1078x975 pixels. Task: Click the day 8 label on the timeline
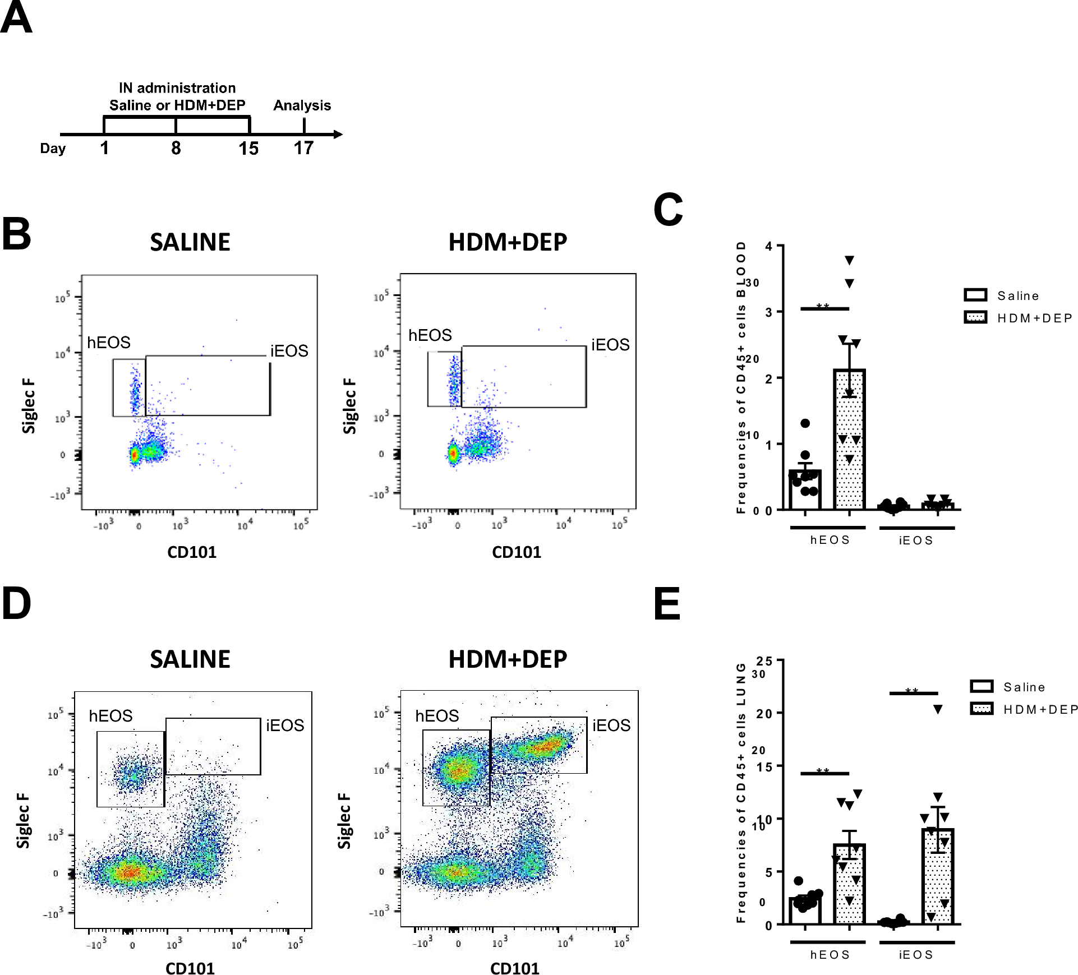coord(176,148)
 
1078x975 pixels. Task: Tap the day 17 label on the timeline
coord(303,148)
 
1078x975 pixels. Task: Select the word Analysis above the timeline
coord(302,105)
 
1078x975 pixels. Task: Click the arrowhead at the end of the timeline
coord(338,134)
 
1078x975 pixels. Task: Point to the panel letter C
coord(668,210)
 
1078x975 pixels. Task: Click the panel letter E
coord(667,604)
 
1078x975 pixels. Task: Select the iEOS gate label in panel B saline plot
coord(289,351)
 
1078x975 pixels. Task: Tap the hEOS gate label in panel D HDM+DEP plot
coord(437,716)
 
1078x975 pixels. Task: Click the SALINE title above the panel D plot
coord(190,659)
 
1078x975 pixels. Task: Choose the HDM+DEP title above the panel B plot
coord(508,242)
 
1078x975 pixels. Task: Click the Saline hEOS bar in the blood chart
coord(805,490)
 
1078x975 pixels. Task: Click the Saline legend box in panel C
coord(975,295)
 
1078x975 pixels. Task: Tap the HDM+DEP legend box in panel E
coord(982,709)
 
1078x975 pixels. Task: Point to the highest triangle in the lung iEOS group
coord(938,710)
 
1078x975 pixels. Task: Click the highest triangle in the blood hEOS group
coord(849,260)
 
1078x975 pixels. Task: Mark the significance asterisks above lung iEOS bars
coord(912,691)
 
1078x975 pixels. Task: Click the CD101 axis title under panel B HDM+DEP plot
coord(517,552)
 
